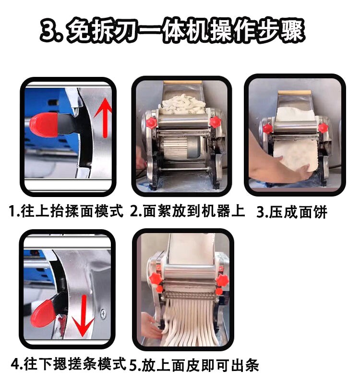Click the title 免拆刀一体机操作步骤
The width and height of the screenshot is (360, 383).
pyautogui.click(x=185, y=31)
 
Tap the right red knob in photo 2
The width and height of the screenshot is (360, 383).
pyautogui.click(x=215, y=122)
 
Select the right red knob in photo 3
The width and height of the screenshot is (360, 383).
pyautogui.click(x=323, y=128)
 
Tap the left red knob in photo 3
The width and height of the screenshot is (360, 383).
pyautogui.click(x=267, y=129)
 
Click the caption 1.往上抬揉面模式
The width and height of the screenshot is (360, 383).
pyautogui.click(x=66, y=211)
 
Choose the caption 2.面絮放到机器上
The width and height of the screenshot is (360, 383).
pyautogui.click(x=187, y=211)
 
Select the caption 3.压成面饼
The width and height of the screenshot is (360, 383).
pyautogui.click(x=292, y=212)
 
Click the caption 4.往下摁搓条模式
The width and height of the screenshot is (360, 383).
pyautogui.click(x=68, y=364)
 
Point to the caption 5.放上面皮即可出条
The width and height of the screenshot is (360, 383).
pyautogui.click(x=194, y=365)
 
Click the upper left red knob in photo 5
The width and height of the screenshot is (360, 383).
pyautogui.click(x=156, y=278)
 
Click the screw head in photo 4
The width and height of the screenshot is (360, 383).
pyautogui.click(x=103, y=313)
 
